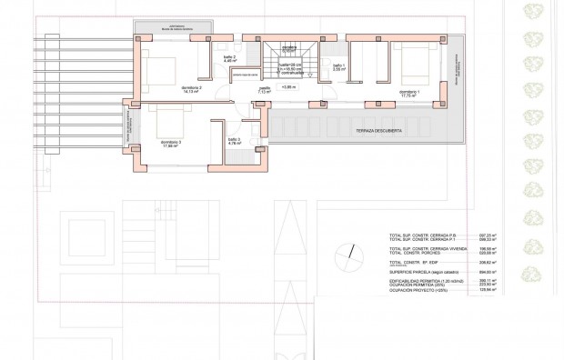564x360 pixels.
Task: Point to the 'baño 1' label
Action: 337,66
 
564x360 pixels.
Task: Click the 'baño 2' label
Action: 229,58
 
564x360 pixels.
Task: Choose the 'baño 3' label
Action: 233,140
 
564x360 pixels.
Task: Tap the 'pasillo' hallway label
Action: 264,90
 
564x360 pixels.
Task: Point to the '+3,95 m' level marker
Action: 289,89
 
